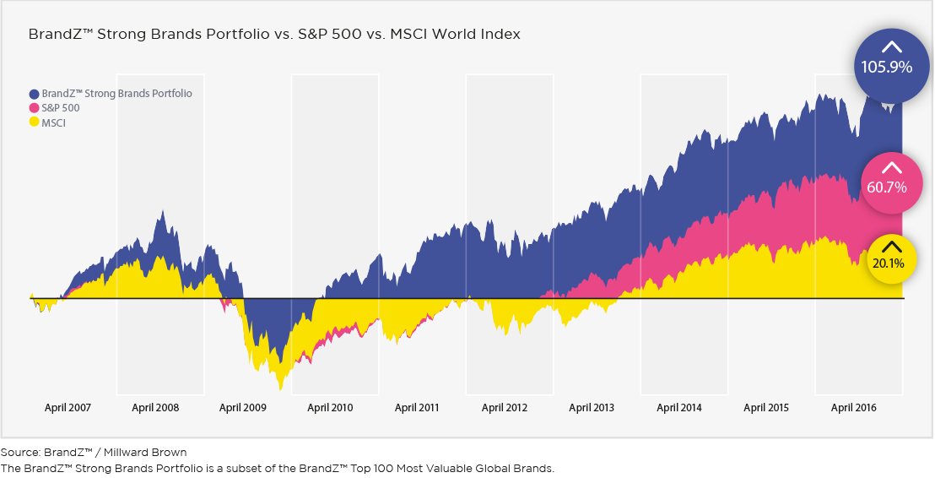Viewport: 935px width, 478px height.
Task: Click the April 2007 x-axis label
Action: click(x=68, y=408)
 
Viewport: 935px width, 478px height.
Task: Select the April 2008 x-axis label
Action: click(x=155, y=408)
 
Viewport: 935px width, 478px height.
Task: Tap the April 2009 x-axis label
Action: click(x=243, y=408)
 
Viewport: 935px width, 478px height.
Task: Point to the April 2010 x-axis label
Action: click(x=330, y=408)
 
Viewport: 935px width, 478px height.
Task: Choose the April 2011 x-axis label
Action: click(x=417, y=408)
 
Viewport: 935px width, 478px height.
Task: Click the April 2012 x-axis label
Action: click(x=505, y=408)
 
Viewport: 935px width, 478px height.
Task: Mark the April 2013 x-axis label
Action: click(x=592, y=408)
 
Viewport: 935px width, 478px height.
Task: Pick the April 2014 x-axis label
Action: click(x=679, y=408)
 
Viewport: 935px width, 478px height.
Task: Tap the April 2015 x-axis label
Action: click(x=766, y=408)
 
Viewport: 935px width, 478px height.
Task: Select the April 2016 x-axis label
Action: click(x=854, y=408)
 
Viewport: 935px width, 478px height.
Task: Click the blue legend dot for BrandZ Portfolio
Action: click(x=35, y=94)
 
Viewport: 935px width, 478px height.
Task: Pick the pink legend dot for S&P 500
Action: click(x=35, y=108)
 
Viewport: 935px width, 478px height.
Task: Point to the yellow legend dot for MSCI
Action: click(x=35, y=122)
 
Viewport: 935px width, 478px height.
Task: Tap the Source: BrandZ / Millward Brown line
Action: click(x=94, y=453)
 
